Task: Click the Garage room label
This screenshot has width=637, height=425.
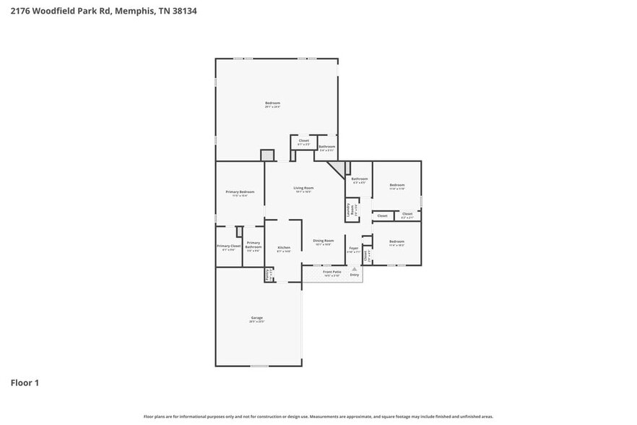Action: coord(257,318)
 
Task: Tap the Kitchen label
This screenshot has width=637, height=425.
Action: coord(284,248)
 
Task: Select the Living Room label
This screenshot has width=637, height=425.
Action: coord(303,188)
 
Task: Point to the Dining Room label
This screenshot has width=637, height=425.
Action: coord(323,241)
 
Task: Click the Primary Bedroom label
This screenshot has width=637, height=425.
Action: coord(240,192)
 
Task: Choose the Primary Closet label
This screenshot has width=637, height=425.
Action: coord(228,246)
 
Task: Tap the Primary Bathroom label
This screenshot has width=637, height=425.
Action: coord(253,245)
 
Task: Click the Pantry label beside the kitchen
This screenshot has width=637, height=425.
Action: coord(268,274)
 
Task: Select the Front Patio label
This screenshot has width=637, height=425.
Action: coord(332,272)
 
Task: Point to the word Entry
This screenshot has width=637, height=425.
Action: coord(354,275)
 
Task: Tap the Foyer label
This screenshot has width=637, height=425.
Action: coord(353,249)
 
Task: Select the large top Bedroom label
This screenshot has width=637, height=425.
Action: coord(272,104)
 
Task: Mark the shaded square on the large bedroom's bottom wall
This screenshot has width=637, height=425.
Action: coord(267,155)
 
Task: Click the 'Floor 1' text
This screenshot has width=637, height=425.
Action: coord(25,382)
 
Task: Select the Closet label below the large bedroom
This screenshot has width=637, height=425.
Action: coord(304,141)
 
